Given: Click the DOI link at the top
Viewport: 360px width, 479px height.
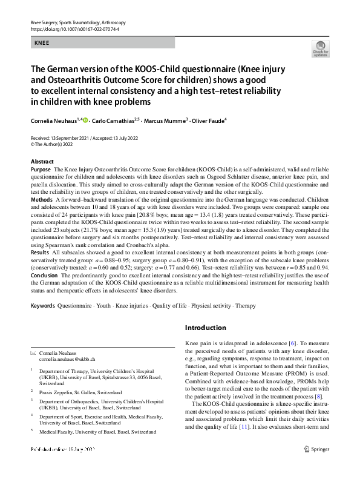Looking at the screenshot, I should click(x=70, y=28).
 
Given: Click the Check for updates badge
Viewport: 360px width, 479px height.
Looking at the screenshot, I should click(x=320, y=49).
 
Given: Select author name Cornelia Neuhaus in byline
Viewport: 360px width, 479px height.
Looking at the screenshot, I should click(x=56, y=121).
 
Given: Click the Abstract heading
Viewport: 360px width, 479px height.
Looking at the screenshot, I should click(x=42, y=162).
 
